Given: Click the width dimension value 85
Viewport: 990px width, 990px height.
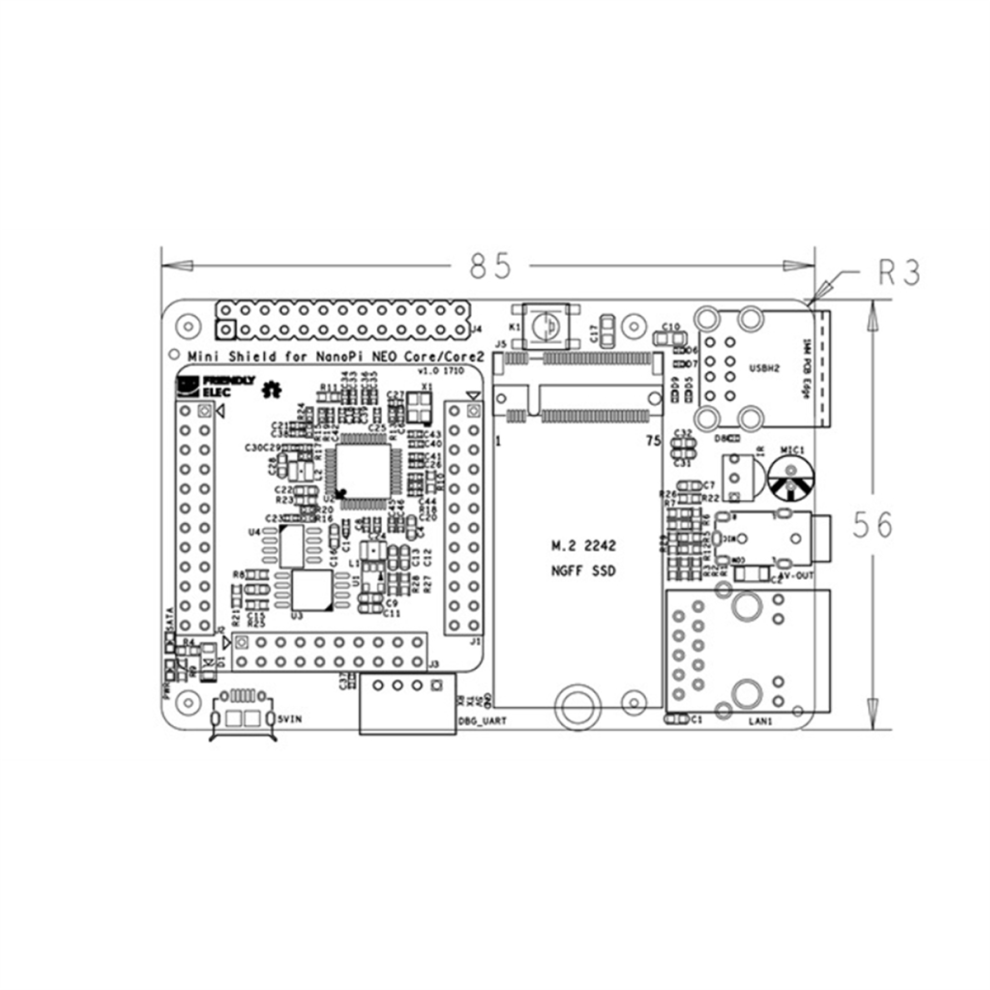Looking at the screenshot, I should pyautogui.click(x=490, y=266).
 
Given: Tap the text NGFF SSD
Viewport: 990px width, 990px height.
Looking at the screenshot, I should pyautogui.click(x=583, y=572).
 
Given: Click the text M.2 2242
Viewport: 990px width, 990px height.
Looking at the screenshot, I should pyautogui.click(x=583, y=547).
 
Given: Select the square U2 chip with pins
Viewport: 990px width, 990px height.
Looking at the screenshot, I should pyautogui.click(x=365, y=467).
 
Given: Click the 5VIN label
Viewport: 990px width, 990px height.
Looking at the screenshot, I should pyautogui.click(x=292, y=719).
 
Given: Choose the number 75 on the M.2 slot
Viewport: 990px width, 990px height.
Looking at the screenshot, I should pyautogui.click(x=653, y=440).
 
